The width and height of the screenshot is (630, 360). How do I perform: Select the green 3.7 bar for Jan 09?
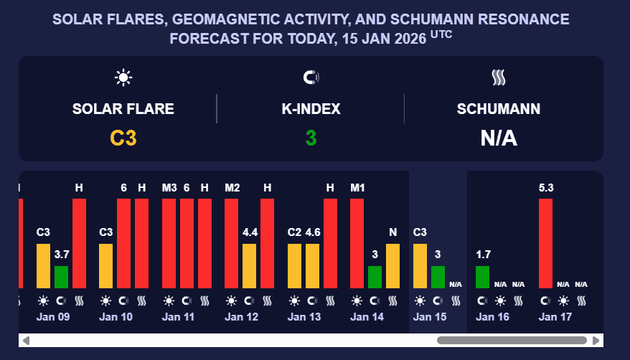point(61,276)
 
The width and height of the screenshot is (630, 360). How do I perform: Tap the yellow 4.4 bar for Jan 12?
point(250,265)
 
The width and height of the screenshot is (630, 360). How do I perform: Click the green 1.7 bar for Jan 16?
point(483,276)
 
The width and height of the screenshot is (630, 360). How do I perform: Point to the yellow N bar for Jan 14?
point(392,265)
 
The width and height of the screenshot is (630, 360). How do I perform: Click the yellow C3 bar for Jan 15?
point(420,265)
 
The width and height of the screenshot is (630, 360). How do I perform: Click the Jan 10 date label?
point(115,316)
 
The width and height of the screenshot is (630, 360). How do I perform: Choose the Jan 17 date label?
point(555,316)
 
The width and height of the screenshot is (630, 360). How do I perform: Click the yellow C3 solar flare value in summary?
point(123,138)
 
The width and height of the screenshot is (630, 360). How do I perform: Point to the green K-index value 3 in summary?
point(311,138)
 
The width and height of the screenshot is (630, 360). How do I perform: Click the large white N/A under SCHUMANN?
point(499,138)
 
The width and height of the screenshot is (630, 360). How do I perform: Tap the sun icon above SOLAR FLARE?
point(123,77)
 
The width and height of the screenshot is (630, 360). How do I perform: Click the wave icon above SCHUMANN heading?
point(499,77)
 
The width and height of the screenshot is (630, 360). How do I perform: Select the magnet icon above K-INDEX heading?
point(311,77)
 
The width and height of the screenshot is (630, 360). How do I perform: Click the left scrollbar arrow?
point(26,340)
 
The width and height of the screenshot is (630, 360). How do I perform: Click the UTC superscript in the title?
point(441,34)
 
